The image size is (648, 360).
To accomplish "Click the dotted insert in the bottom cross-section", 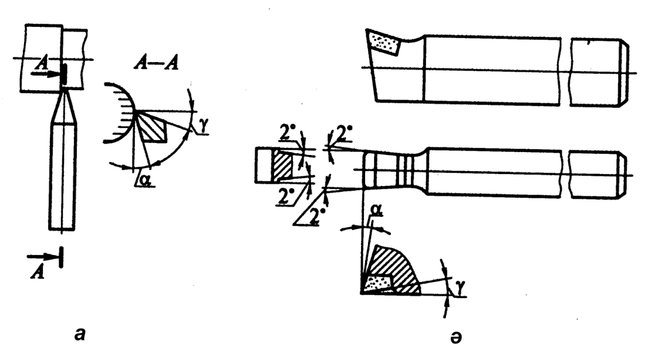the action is pyautogui.click(x=377, y=282).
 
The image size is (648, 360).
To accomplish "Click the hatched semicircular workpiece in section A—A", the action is pyautogui.click(x=120, y=113).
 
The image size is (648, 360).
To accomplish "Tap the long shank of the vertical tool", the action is pyautogui.click(x=63, y=178).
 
